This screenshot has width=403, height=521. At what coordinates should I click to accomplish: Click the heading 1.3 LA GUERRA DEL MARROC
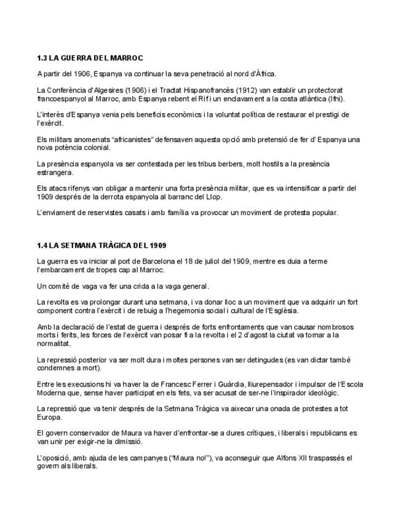pyautogui.click(x=90, y=58)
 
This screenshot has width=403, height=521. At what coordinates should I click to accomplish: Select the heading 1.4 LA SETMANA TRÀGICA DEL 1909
pyautogui.click(x=102, y=245)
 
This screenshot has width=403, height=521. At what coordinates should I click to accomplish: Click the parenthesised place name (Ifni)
pyautogui.click(x=335, y=98)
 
